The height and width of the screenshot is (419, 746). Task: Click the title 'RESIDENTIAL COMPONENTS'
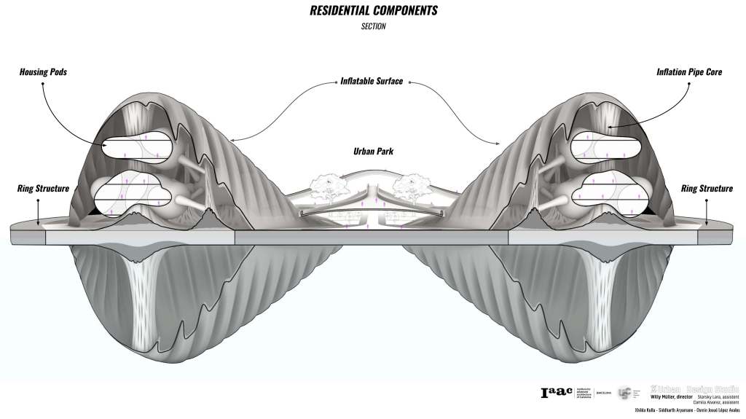(x=373, y=12)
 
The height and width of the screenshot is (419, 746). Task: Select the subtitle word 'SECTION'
(x=373, y=27)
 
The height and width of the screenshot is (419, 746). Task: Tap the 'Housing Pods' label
(x=43, y=73)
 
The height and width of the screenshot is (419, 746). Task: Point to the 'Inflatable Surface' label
(x=372, y=81)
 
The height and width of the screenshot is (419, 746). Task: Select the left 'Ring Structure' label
(x=43, y=189)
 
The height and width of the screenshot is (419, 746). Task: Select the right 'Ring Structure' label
(x=707, y=189)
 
